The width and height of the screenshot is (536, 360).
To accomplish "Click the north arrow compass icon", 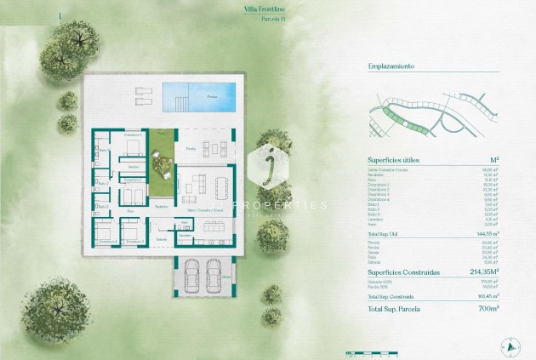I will [510, 346].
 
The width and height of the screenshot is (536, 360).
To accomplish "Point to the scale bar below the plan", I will [365, 351].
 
